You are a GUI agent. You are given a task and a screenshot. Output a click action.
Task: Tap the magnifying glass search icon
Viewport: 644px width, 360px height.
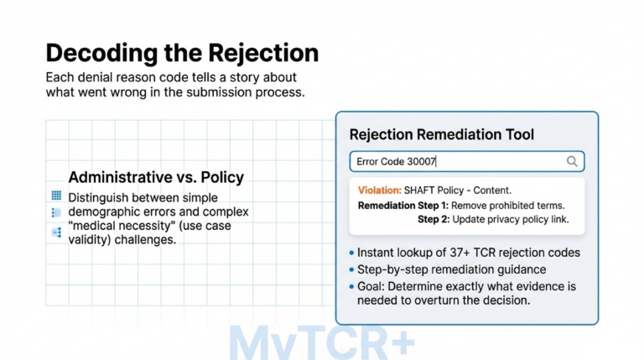(572, 161)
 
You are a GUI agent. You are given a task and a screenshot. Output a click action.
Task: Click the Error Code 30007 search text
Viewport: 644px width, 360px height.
(397, 161)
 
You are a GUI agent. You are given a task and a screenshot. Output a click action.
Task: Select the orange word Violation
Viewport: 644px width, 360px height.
(379, 190)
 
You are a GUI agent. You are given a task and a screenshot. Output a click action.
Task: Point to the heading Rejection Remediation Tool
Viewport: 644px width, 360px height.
(441, 134)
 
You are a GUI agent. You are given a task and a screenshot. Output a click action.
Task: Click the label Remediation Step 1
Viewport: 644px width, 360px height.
(403, 206)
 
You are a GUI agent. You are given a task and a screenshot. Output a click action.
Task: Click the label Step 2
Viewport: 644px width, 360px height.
(434, 220)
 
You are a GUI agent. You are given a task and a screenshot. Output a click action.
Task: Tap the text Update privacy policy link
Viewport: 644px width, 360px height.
(511, 220)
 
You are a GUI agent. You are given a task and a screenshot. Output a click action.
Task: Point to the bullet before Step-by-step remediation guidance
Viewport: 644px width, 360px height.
(349, 269)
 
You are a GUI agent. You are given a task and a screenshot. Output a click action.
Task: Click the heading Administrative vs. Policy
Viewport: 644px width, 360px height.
(156, 177)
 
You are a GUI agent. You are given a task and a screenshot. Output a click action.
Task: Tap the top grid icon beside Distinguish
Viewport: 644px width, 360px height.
(56, 196)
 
